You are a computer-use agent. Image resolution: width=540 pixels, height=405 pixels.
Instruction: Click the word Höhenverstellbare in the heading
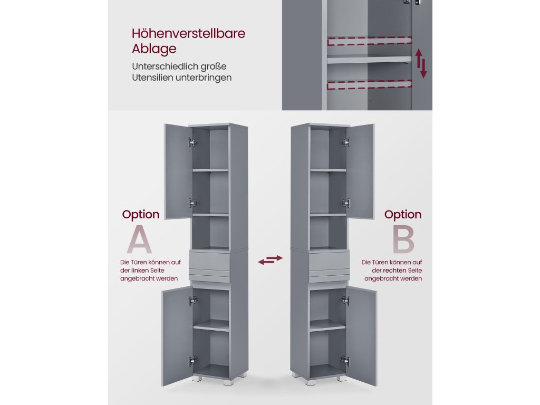coord(188,34)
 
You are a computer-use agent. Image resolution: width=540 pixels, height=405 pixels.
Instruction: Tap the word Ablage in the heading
coord(154,50)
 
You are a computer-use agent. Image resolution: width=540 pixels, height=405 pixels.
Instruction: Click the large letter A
coord(139,240)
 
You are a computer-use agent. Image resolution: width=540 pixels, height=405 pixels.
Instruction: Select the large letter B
coord(403,240)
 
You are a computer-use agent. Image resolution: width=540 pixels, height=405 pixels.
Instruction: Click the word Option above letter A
coord(141,215)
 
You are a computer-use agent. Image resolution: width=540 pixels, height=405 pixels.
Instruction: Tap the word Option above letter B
coord(403,215)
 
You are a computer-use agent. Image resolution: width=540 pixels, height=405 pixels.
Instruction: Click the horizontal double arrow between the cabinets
coord(270,259)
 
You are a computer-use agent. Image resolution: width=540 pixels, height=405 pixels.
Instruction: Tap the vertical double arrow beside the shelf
coord(420,63)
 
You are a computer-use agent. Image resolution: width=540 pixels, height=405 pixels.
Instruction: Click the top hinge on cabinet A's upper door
coord(192,142)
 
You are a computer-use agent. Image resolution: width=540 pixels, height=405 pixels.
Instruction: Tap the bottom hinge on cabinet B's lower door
coord(345,360)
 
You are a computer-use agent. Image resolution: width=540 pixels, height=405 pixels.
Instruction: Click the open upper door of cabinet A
coord(178,171)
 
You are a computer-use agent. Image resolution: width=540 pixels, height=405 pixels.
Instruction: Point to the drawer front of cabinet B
coord(328,261)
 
